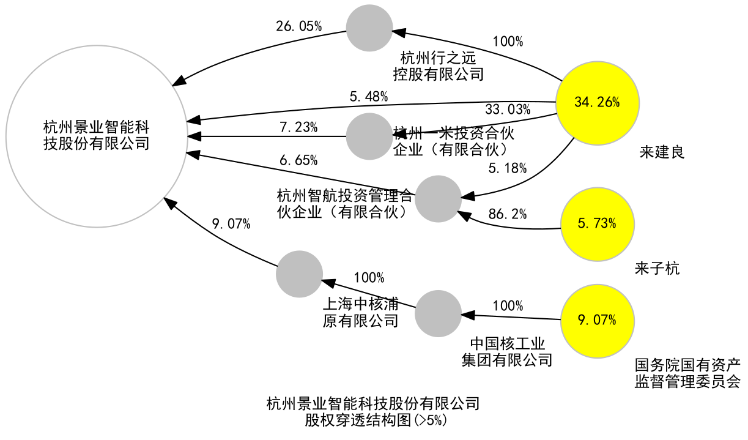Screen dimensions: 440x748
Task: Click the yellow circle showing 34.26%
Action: pos(597,103)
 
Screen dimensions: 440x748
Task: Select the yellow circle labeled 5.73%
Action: pos(597,223)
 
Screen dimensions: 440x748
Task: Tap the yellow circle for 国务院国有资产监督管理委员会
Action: pos(597,321)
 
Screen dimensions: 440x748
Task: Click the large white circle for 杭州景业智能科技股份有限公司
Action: pos(97,136)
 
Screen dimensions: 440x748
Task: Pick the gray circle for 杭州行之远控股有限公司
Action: pos(369,28)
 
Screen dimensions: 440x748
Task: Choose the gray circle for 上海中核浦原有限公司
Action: pos(299,274)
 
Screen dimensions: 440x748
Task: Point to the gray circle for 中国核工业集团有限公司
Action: pos(438,313)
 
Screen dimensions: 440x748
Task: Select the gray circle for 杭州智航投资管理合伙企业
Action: pos(438,198)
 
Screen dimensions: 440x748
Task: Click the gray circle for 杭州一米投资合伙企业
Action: pos(369,136)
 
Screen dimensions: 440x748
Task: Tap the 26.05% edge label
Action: pos(298,26)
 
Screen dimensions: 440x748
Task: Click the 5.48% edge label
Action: pos(369,96)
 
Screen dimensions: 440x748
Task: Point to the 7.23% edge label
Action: pos(298,127)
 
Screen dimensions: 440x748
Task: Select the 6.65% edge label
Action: pos(298,160)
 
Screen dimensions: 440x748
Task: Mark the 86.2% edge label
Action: pos(508,214)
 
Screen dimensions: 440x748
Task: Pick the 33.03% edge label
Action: pos(508,110)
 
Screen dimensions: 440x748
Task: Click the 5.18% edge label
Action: pos(508,168)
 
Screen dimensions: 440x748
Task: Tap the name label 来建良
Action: pos(662,152)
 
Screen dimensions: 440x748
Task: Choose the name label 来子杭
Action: pos(657,268)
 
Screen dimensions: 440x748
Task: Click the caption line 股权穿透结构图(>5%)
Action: pos(373,420)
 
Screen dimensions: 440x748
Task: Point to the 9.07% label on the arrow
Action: pos(231,224)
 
